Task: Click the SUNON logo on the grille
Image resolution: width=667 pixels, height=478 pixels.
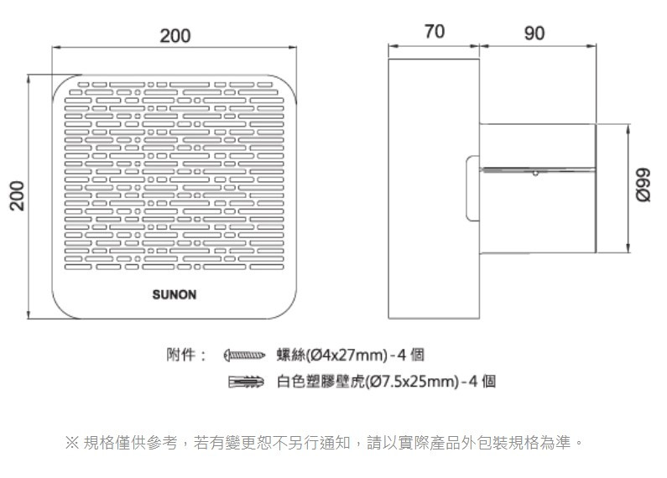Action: coord(175,294)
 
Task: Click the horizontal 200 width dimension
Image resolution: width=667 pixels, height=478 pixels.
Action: coord(175,36)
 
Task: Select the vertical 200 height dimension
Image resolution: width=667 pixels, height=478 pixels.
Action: coord(18,195)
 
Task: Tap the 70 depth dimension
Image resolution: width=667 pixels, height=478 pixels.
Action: coord(435,32)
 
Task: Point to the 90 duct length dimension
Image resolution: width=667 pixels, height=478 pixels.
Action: coord(534,34)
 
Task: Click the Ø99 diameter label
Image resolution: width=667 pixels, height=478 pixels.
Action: coord(643,185)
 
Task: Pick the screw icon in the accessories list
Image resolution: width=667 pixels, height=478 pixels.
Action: coord(244,355)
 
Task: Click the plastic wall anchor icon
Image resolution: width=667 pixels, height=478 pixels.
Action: coord(246,382)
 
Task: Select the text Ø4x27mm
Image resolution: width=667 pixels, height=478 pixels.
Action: coord(348,355)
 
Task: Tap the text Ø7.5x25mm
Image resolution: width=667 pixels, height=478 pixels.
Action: coord(413,381)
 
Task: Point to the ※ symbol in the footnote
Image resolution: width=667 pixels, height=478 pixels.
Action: coord(72,443)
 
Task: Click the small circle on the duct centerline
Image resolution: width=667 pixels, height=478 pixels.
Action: coord(535,173)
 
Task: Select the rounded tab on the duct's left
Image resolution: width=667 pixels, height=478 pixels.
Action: coord(472,189)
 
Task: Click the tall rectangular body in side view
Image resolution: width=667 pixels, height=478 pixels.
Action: coord(434,189)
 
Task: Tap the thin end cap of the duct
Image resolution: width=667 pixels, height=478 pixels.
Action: coord(596,189)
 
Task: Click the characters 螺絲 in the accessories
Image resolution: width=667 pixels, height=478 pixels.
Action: coord(290,355)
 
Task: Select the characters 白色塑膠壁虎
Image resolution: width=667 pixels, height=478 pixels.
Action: coord(320,381)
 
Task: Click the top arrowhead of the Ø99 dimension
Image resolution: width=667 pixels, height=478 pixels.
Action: coord(628,128)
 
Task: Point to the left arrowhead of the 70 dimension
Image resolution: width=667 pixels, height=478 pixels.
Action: coord(393,46)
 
